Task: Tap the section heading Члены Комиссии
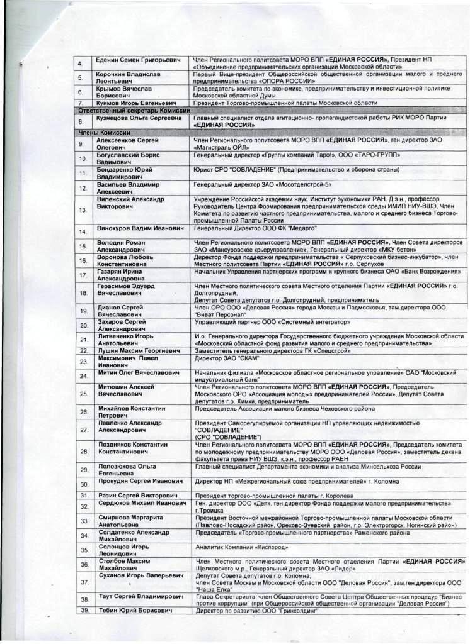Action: (104, 133)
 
